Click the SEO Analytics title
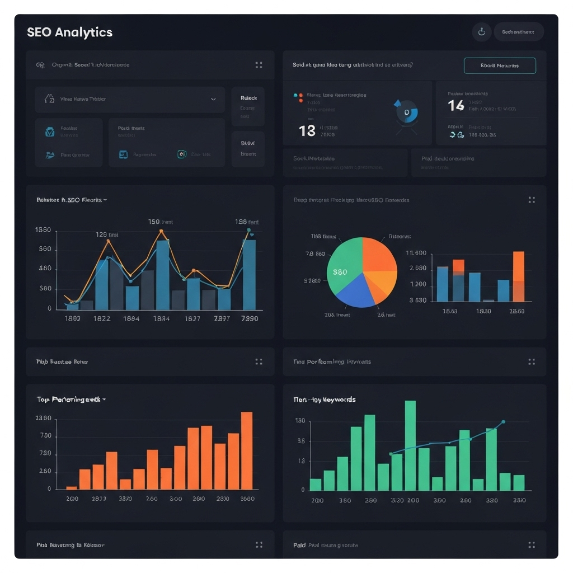69,32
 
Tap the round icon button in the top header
481,32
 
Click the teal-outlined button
500,65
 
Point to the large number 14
456,105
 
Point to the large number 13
307,131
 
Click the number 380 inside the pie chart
340,273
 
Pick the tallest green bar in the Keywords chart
410,445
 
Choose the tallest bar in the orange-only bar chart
246,450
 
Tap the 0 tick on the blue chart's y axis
50,308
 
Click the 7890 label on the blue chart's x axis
249,318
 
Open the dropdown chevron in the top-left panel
213,99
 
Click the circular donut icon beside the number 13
407,112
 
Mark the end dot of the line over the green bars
503,422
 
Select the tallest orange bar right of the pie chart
518,276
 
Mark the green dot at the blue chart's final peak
248,229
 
